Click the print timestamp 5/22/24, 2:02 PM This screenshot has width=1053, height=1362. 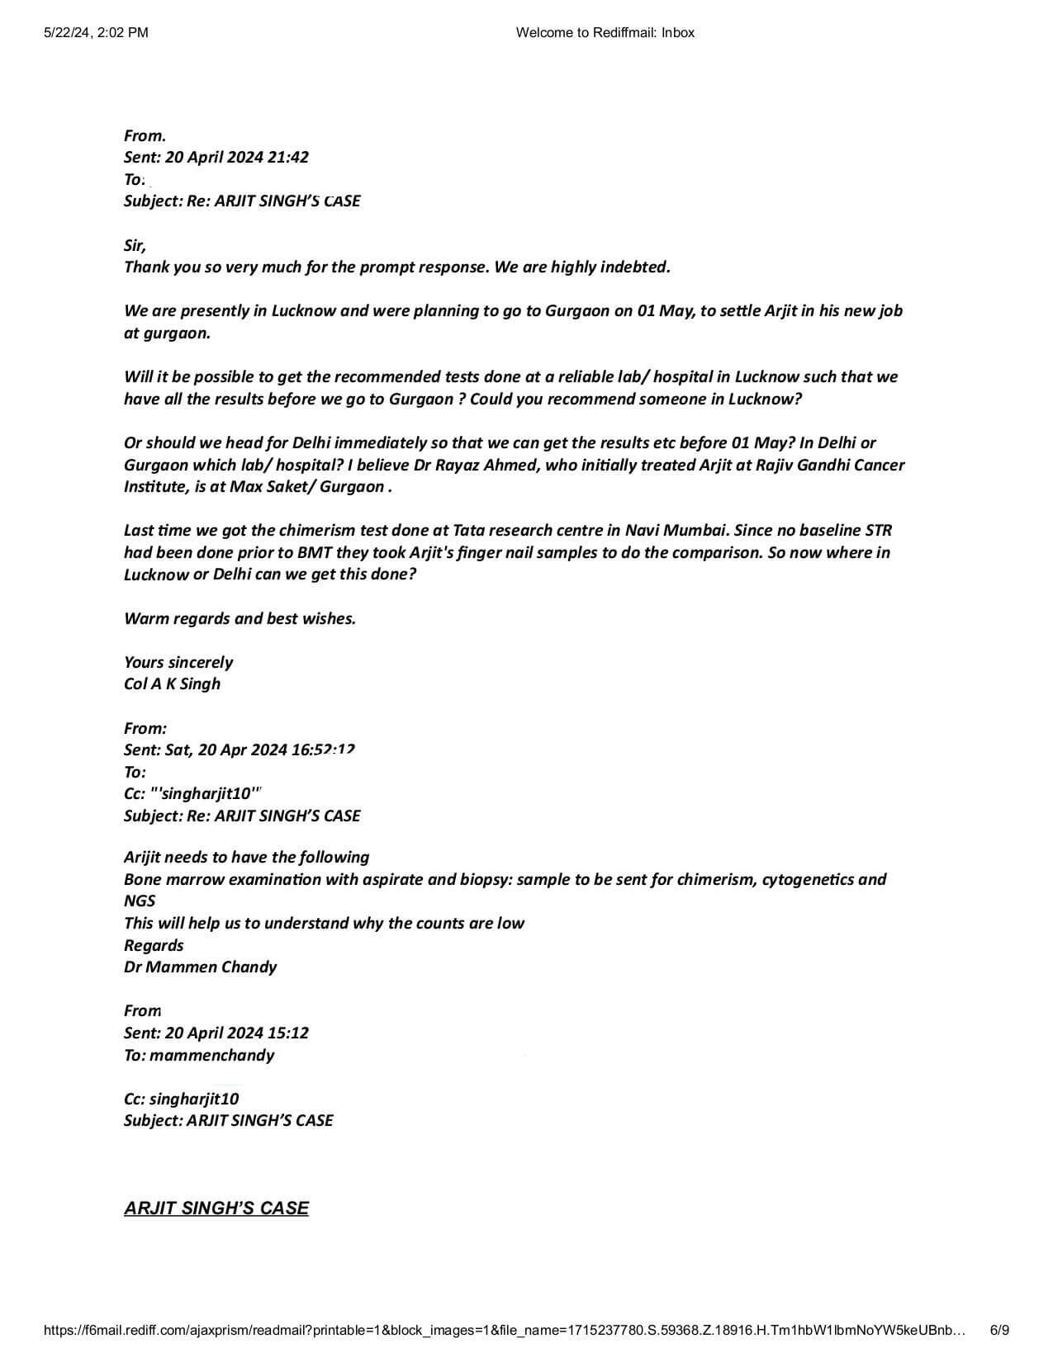tap(95, 33)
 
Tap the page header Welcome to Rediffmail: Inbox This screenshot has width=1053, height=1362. tap(605, 33)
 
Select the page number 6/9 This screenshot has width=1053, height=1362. tap(998, 1330)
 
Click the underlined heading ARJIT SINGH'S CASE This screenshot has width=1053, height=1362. tap(216, 1208)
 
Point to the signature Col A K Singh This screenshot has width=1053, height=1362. tap(172, 684)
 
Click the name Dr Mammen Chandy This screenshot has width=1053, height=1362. tap(200, 967)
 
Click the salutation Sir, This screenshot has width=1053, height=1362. tap(135, 246)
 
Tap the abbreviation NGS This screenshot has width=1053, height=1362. tap(140, 901)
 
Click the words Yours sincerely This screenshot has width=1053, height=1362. tap(178, 663)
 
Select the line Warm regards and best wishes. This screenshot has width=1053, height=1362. tap(240, 619)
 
